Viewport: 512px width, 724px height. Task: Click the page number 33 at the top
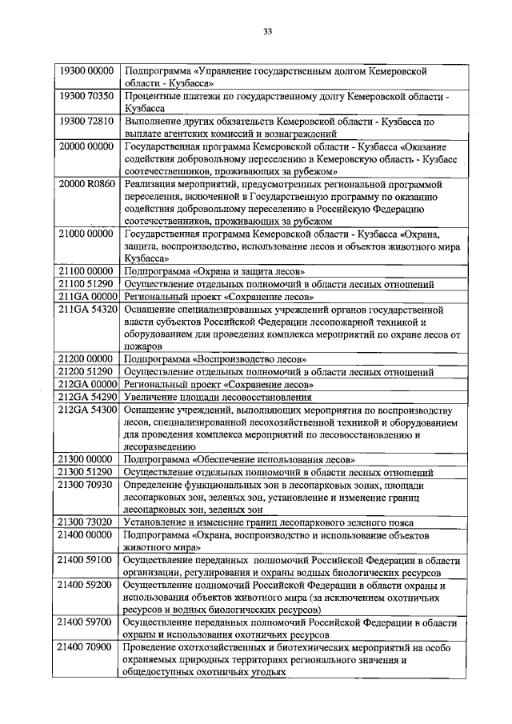(267, 32)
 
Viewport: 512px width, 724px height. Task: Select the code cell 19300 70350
(87, 96)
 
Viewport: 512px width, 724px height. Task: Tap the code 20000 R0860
(87, 184)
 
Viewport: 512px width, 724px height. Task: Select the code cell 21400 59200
(87, 586)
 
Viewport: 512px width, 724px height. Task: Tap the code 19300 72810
(87, 121)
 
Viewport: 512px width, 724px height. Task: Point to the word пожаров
(145, 346)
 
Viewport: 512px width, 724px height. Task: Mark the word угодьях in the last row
(265, 673)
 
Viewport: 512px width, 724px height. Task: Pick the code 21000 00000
(87, 234)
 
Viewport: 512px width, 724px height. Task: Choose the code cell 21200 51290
(87, 371)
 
